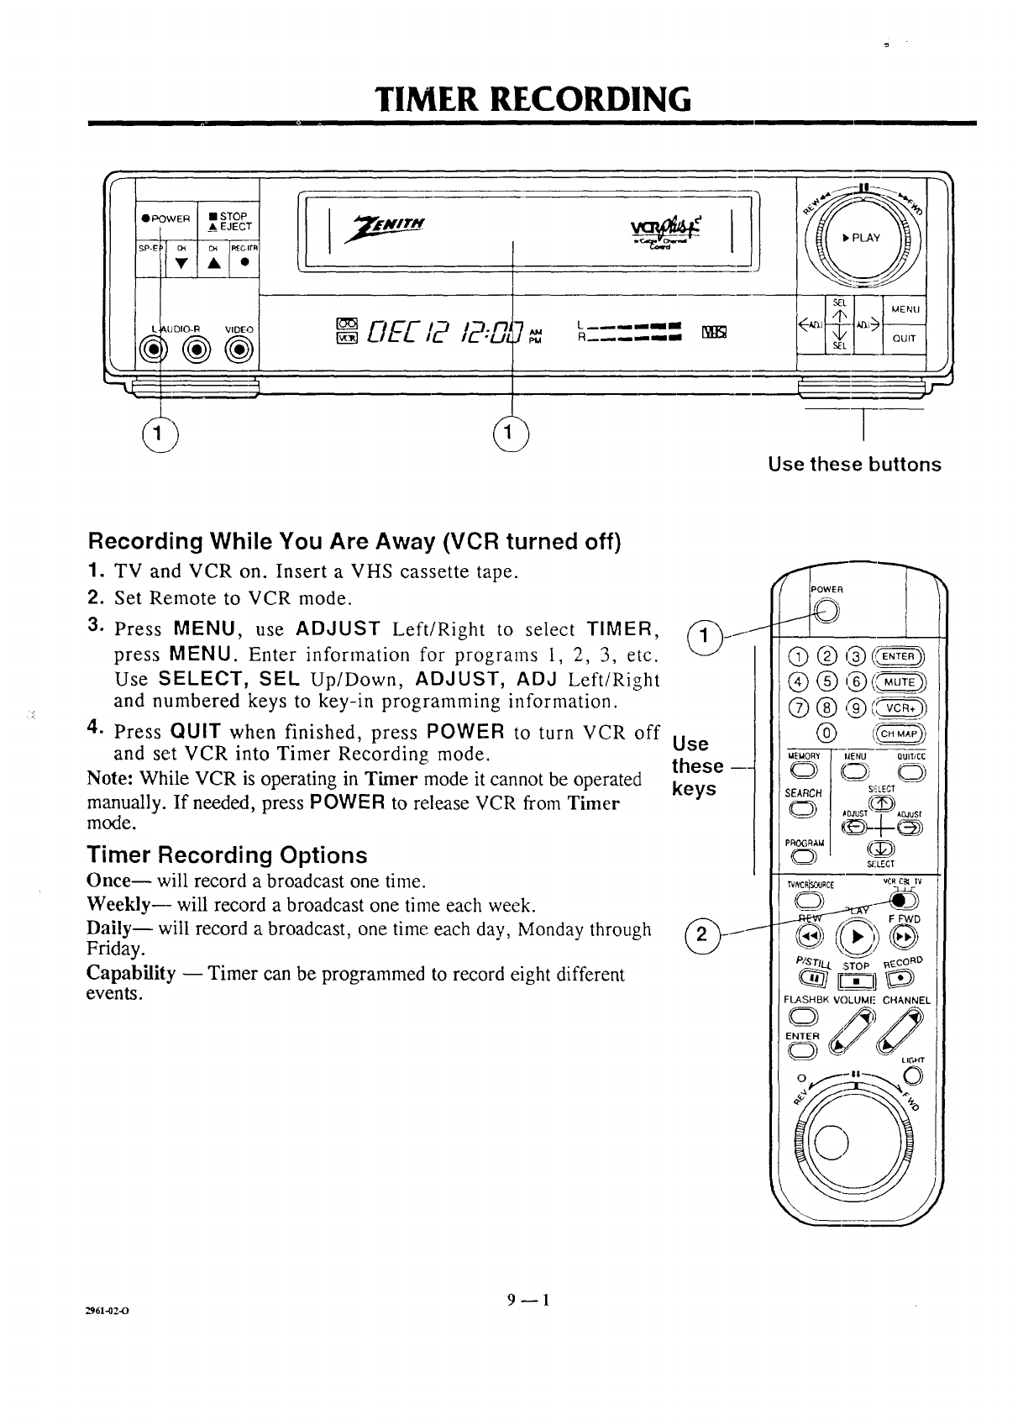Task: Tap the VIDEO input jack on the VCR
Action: pyautogui.click(x=240, y=348)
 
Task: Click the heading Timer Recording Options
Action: pyautogui.click(x=227, y=855)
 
